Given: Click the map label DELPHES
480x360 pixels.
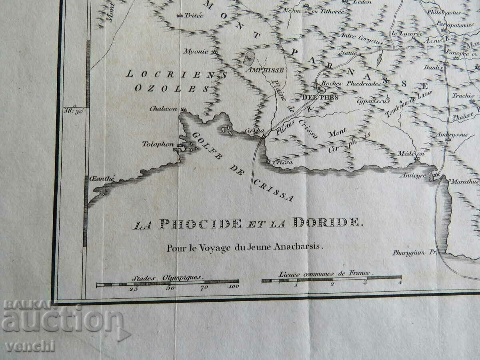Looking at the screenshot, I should coord(315,97).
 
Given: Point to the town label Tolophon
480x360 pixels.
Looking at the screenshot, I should coord(158,144).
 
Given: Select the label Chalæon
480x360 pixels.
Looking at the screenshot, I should coord(163,109).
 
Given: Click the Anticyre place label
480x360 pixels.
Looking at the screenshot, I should coord(414,176).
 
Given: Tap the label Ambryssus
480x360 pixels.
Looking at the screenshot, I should coord(452,135).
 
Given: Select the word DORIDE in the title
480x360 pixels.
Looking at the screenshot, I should coord(326,223).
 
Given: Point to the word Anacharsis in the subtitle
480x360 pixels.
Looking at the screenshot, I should coord(298,247).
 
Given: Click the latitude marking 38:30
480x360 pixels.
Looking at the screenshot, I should coord(73,111).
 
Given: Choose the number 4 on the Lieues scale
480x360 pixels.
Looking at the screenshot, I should coord(400,283).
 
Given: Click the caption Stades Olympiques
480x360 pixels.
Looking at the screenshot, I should coord(167,277).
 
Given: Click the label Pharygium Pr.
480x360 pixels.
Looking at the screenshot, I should coord(413,252).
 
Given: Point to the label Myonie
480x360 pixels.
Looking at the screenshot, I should coord(196,51).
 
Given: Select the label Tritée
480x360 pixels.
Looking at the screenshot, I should coord(194,16).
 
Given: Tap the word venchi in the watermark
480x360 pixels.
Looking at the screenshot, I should coord(30,346).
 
